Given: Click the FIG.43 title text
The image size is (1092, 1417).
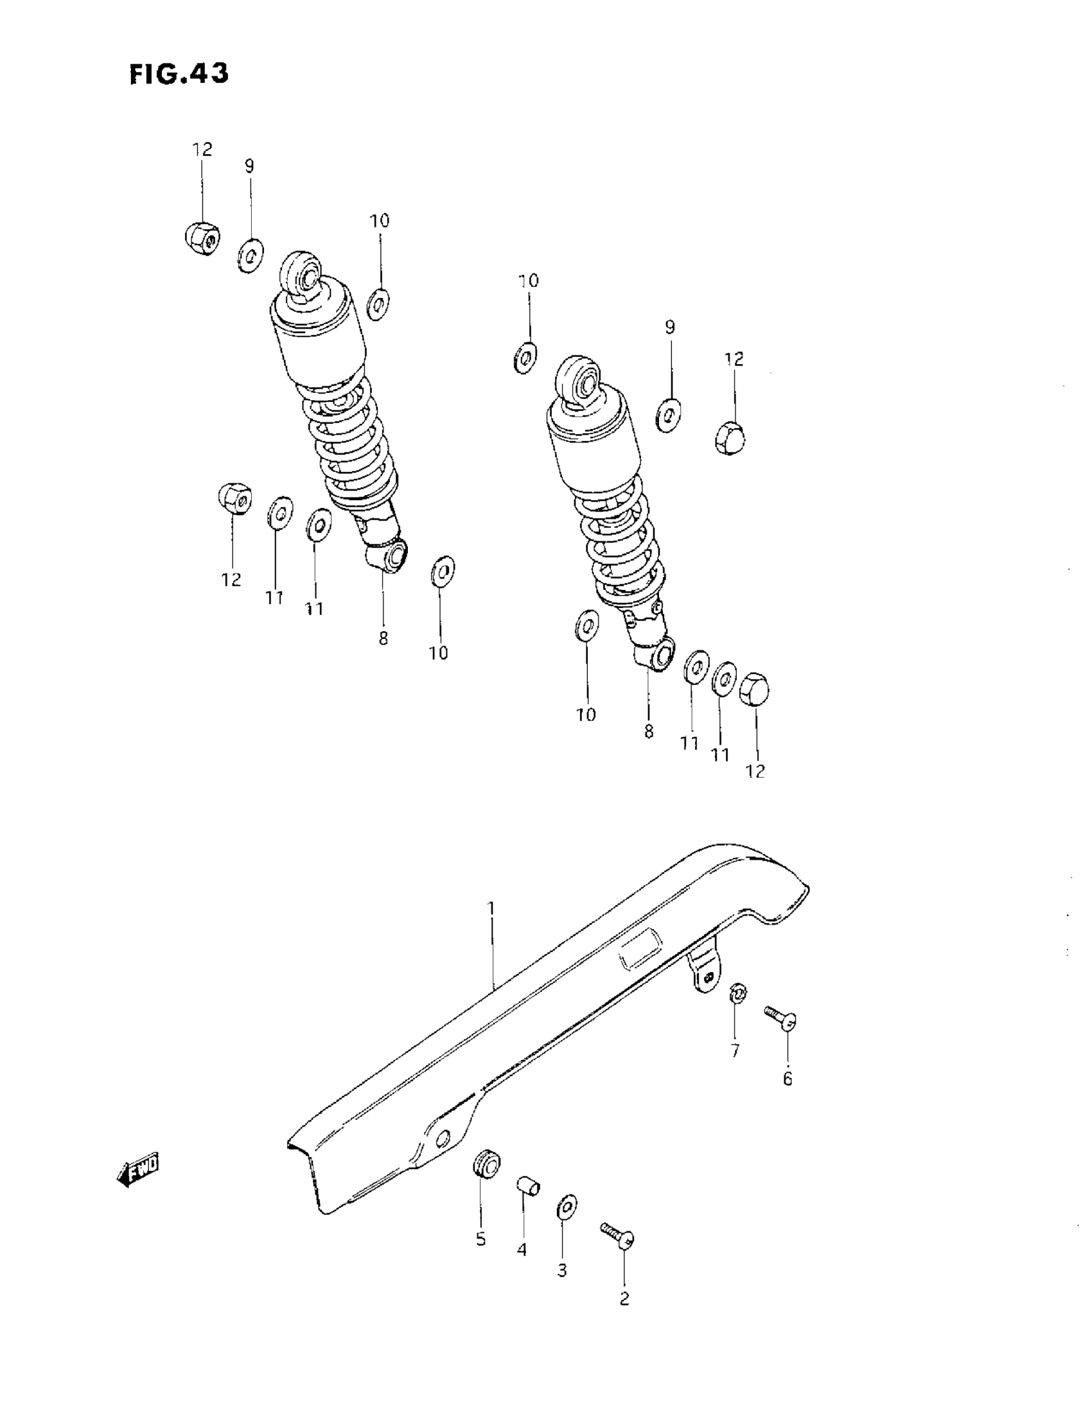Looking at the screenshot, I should pyautogui.click(x=179, y=74).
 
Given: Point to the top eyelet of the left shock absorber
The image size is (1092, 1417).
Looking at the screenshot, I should pyautogui.click(x=303, y=270).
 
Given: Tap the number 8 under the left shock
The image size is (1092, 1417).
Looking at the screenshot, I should pyautogui.click(x=383, y=638).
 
